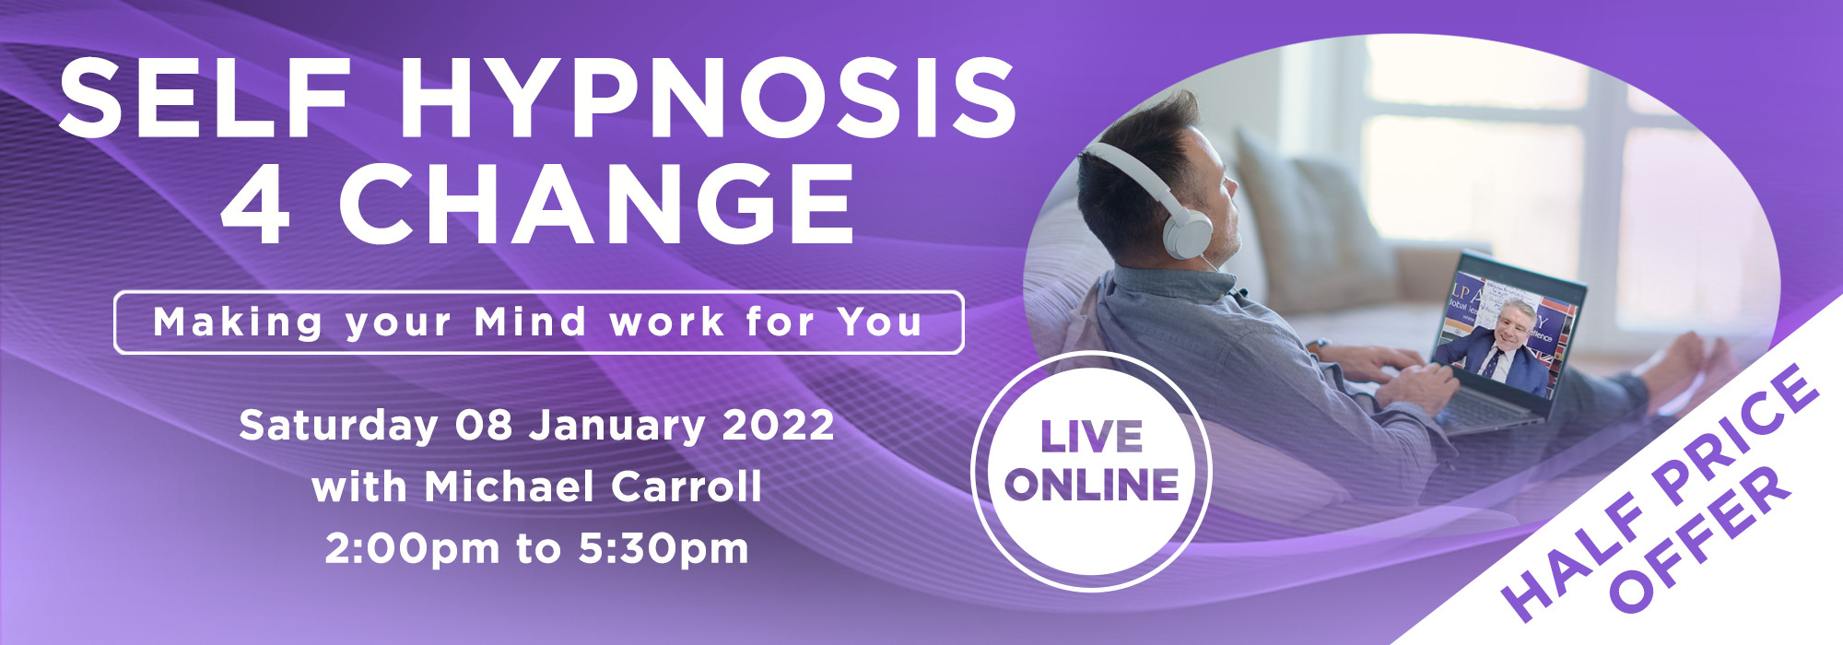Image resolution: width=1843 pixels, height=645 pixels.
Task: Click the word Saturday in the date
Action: (338, 426)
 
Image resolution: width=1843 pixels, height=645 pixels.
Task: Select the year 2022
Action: (779, 426)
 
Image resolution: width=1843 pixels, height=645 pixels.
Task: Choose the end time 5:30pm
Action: (663, 549)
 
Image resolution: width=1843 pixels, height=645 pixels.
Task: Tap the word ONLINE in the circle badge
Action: (1093, 485)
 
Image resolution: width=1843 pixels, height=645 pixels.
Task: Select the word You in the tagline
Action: (879, 322)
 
